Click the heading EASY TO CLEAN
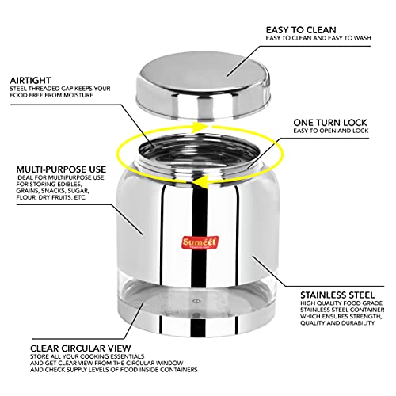pyautogui.click(x=301, y=30)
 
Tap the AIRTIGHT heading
pyautogui.click(x=30, y=80)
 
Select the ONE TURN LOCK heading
pyautogui.click(x=330, y=123)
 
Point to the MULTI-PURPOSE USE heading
pyautogui.click(x=61, y=169)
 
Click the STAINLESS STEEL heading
pyautogui.click(x=337, y=295)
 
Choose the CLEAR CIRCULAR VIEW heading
pyautogui.click(x=81, y=348)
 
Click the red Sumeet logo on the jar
pyautogui.click(x=200, y=243)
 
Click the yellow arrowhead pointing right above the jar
pyautogui.click(x=200, y=127)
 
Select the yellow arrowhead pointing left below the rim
pyautogui.click(x=199, y=183)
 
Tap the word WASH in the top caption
pyautogui.click(x=362, y=38)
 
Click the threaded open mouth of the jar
pyautogui.click(x=200, y=153)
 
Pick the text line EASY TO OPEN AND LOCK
pyautogui.click(x=331, y=131)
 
